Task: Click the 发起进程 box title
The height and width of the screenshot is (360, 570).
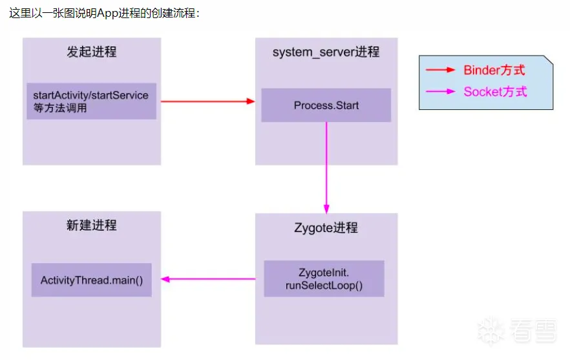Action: pyautogui.click(x=92, y=52)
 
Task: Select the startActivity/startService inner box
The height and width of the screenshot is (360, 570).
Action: pyautogui.click(x=91, y=101)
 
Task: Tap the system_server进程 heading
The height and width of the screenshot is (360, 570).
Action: pyautogui.click(x=326, y=52)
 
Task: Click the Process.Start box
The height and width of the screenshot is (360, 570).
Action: pyautogui.click(x=326, y=105)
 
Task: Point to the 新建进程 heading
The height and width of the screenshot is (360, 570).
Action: pyautogui.click(x=92, y=225)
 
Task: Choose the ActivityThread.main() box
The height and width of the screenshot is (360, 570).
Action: pyautogui.click(x=91, y=280)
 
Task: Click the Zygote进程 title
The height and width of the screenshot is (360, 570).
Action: pyautogui.click(x=326, y=228)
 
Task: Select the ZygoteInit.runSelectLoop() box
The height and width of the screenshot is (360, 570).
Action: pyautogui.click(x=324, y=279)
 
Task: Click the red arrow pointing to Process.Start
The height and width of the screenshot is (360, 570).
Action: pyautogui.click(x=207, y=101)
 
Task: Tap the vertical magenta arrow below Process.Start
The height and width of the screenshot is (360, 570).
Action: pyautogui.click(x=326, y=167)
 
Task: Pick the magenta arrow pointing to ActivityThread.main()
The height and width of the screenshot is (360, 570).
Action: pyautogui.click(x=207, y=279)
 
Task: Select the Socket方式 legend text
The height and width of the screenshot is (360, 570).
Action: pyautogui.click(x=495, y=91)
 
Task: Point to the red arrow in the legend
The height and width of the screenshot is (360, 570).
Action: pyautogui.click(x=441, y=70)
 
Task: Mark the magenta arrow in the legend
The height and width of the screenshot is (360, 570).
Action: pyautogui.click(x=441, y=91)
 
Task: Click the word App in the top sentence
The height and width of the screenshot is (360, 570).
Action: pyautogui.click(x=108, y=13)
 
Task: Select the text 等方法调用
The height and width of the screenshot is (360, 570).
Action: pyautogui.click(x=60, y=108)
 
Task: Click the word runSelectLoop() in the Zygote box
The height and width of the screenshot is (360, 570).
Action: pyautogui.click(x=324, y=285)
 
